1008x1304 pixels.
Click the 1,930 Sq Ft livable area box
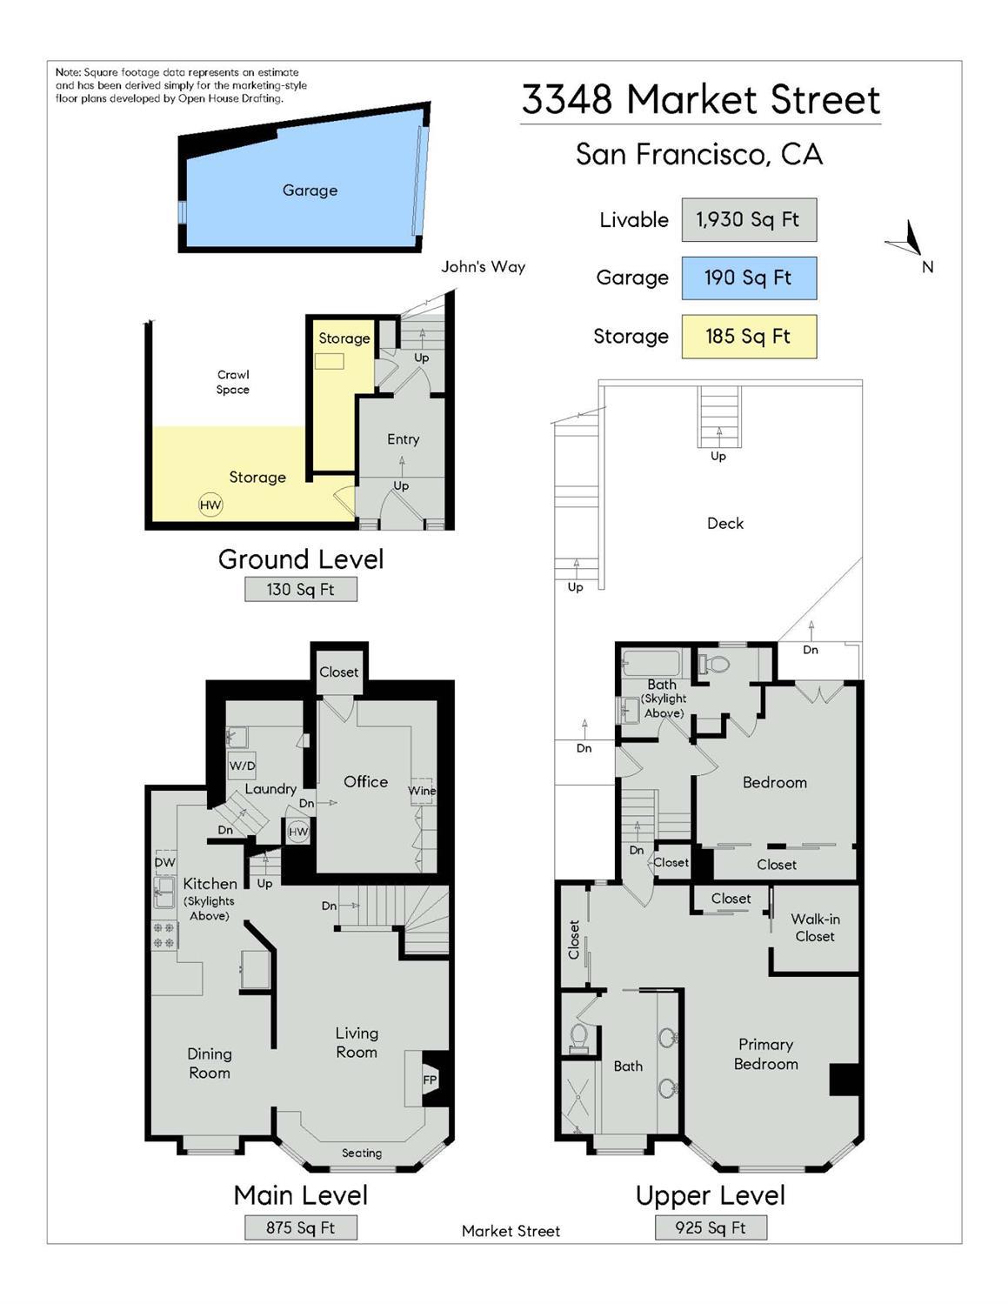[x=748, y=219]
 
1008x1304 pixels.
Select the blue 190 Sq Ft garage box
[x=748, y=278]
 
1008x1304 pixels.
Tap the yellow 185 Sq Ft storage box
[x=748, y=336]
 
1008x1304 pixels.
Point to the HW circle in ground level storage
[x=210, y=505]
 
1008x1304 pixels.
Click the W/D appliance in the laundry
[x=242, y=766]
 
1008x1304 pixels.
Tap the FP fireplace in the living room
[x=430, y=1080]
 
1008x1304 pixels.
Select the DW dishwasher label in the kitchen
[x=164, y=862]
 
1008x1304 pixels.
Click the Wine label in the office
[x=422, y=790]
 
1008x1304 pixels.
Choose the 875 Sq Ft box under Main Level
[x=300, y=1227]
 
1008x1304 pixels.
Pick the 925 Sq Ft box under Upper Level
[x=710, y=1227]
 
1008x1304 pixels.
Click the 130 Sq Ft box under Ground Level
[x=300, y=589]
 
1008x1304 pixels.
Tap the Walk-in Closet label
[x=814, y=927]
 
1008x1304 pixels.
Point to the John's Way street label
[x=483, y=266]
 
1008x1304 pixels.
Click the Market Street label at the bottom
[x=511, y=1230]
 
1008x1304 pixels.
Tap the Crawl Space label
[x=233, y=382]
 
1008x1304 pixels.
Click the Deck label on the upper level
[x=724, y=523]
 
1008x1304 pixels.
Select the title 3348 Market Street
[x=700, y=99]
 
